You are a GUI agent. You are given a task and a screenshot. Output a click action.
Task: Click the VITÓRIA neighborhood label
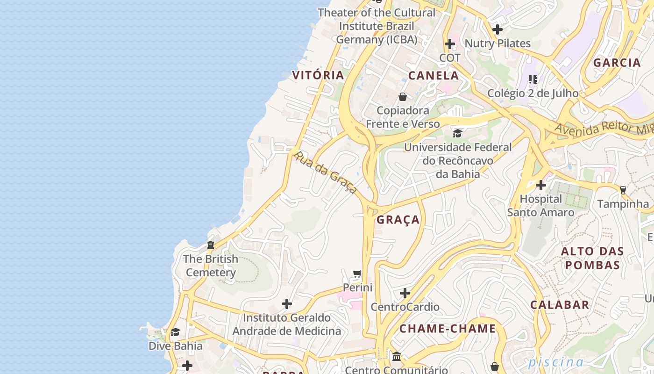(x=318, y=75)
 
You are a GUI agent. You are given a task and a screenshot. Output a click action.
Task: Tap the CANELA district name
(x=434, y=75)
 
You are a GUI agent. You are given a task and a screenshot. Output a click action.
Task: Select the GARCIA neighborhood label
(x=617, y=63)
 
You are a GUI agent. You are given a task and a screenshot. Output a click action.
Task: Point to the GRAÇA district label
(x=398, y=220)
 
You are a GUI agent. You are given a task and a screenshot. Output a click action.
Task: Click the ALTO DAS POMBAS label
(x=592, y=258)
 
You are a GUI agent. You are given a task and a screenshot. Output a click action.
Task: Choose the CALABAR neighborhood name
(x=559, y=305)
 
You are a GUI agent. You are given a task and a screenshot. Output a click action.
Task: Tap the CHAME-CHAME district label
(x=447, y=329)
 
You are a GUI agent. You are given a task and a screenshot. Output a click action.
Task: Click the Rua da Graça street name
(x=325, y=172)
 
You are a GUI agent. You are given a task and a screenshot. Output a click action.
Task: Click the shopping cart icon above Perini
(x=357, y=273)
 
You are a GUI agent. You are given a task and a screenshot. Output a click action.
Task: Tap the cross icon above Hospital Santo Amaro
(x=541, y=185)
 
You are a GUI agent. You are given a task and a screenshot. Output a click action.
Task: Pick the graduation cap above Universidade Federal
(x=457, y=134)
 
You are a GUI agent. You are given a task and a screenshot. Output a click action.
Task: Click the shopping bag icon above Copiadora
(x=402, y=97)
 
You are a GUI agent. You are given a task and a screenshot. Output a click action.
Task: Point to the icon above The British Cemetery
(x=211, y=245)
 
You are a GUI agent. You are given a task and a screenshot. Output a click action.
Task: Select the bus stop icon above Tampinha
(x=623, y=190)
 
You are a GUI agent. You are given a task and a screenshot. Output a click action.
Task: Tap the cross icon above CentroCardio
(x=405, y=293)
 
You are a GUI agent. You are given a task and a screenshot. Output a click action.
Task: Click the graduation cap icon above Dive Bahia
(x=175, y=332)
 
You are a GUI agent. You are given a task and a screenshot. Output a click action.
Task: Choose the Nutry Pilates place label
(x=498, y=43)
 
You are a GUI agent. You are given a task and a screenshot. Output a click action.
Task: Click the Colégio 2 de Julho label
(x=533, y=93)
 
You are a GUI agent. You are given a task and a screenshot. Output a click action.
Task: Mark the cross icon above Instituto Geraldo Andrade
(x=287, y=304)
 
